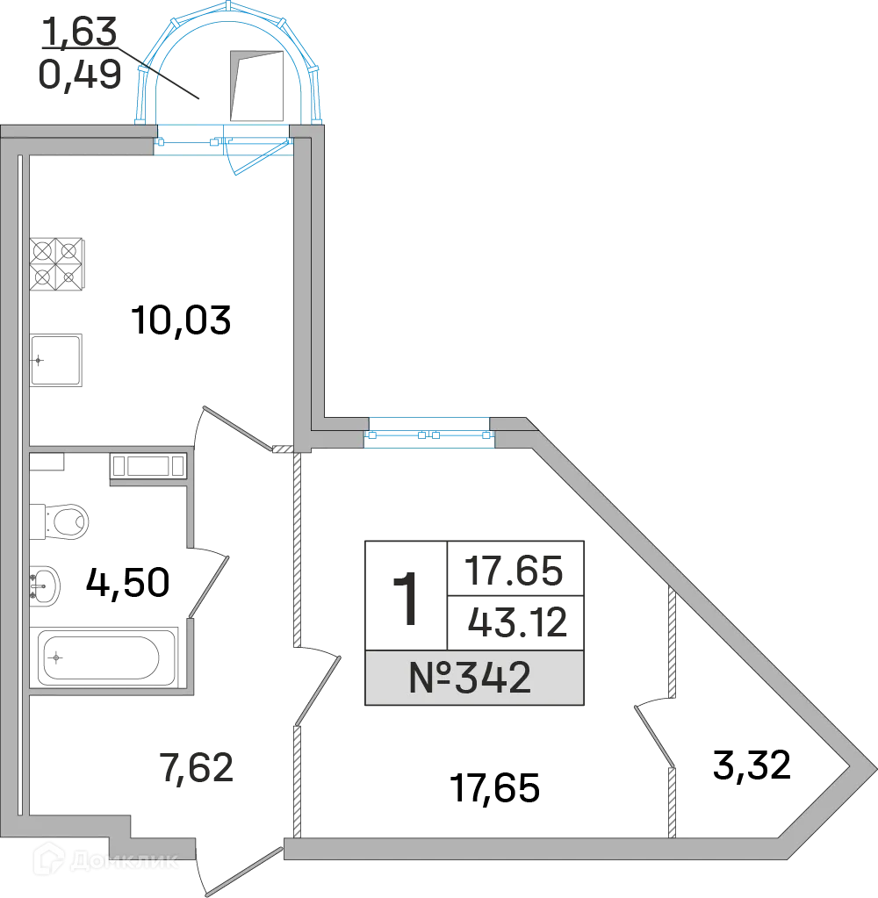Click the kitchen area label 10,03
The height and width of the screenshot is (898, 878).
click(181, 320)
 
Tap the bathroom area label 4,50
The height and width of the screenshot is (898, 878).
click(127, 582)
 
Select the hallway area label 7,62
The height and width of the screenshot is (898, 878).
click(197, 768)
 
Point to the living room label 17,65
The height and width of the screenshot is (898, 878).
click(495, 788)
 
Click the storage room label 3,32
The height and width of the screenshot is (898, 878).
click(752, 765)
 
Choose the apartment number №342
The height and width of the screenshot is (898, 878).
click(471, 678)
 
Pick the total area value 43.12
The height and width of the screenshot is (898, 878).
click(517, 622)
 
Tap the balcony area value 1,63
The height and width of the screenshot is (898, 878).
click(80, 32)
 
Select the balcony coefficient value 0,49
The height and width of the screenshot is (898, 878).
click(80, 75)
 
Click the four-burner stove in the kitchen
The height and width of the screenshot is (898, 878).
click(56, 264)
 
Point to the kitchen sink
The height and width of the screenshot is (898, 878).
click(55, 360)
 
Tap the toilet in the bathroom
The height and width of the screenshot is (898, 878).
click(59, 521)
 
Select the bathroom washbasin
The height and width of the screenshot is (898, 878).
click(44, 586)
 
